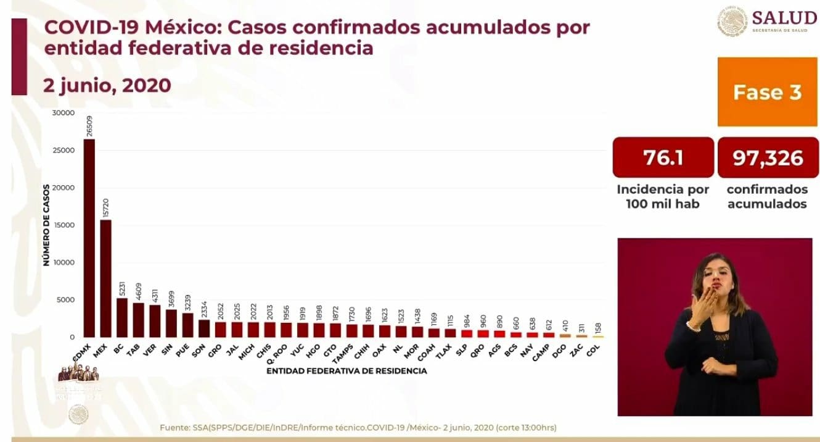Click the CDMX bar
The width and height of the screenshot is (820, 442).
tap(89, 238)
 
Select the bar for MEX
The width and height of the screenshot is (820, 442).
tap(106, 278)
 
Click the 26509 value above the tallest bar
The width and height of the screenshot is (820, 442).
tap(89, 127)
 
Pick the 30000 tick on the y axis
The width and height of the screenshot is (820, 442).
tap(64, 113)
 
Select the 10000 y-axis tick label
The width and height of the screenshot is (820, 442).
tap(64, 262)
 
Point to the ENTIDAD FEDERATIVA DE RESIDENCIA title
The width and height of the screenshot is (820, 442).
tap(346, 371)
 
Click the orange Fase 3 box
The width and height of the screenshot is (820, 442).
tap(767, 93)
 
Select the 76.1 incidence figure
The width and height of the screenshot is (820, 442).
tap(663, 158)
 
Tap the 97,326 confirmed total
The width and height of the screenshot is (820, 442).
tap(768, 158)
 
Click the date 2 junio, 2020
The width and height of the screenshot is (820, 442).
tap(107, 85)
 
